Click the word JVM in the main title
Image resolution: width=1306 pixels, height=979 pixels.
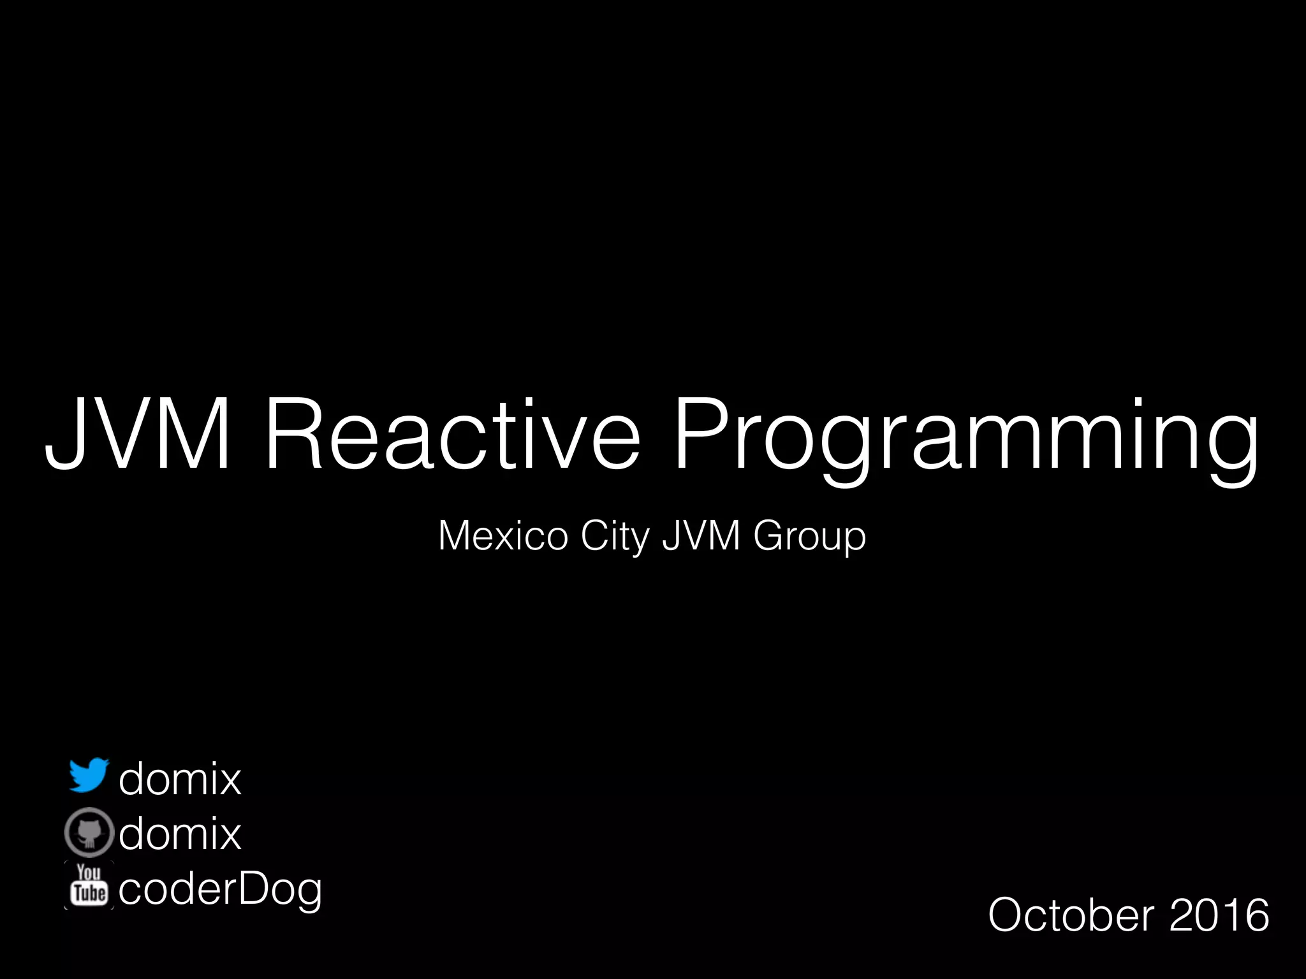coord(137,433)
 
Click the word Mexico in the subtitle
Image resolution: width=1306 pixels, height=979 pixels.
coord(503,536)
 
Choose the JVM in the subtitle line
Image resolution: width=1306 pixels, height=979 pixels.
coord(701,536)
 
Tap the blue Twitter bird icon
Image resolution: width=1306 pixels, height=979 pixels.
coord(89,776)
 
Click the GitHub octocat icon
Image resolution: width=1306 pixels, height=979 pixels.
coord(89,832)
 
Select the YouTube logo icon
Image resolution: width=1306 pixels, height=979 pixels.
coord(89,885)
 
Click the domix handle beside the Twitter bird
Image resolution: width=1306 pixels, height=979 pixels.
coord(180,778)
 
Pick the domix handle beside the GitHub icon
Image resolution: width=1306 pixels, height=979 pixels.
coord(180,833)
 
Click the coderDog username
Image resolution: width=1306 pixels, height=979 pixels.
coord(220,889)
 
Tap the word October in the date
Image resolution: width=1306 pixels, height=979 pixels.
coord(1071,915)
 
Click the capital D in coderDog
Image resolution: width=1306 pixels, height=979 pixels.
coord(254,888)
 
